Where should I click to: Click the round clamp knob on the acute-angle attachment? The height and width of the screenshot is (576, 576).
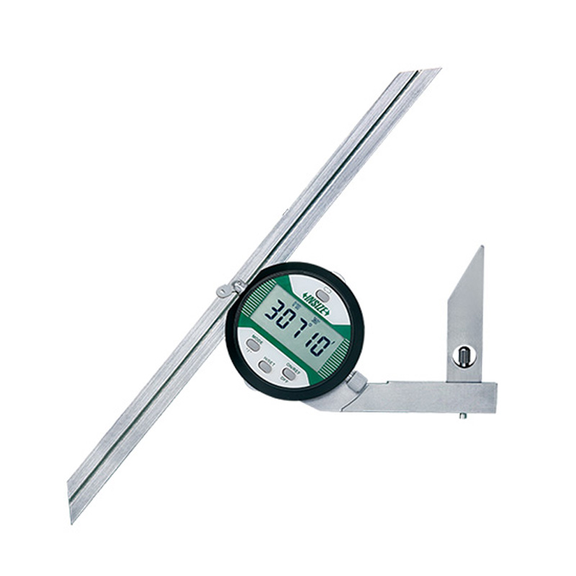click(x=464, y=355)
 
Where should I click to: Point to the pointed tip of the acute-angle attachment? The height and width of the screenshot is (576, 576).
click(x=480, y=249)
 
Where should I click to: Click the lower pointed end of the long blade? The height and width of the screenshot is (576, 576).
click(x=72, y=517)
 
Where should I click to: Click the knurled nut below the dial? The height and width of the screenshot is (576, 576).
click(x=356, y=382)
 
